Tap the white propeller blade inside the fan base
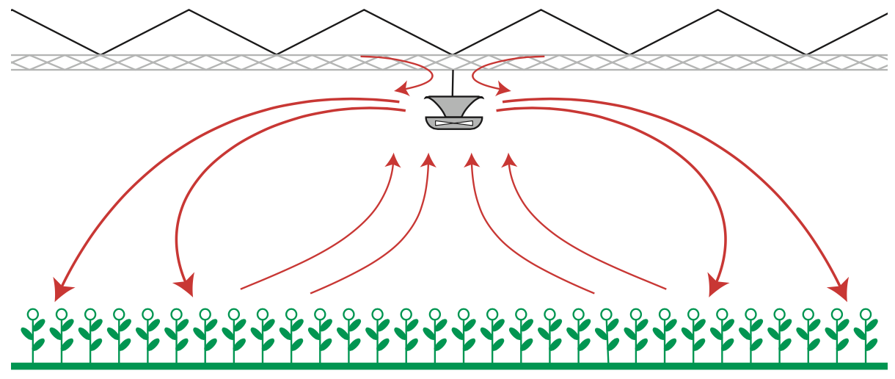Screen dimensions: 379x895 [454, 123]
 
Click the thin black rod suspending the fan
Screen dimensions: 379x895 [453, 82]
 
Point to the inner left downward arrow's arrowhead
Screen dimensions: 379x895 [186, 286]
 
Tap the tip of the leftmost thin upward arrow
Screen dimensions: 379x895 [395, 155]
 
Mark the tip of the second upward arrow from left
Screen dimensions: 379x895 [430, 155]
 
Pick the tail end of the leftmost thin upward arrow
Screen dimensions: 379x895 [241, 289]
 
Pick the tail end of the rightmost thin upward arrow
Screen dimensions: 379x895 [665, 289]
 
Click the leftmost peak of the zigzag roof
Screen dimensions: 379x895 [189, 10]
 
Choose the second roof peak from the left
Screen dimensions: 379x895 [365, 10]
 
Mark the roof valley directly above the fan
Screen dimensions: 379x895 [453, 54]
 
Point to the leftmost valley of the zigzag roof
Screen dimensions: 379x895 [101, 54]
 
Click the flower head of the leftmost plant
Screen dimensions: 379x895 [33, 314]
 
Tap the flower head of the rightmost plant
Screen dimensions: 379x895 [866, 314]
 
